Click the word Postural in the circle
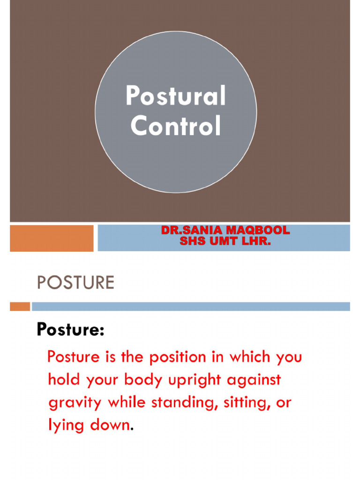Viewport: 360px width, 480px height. point(176,97)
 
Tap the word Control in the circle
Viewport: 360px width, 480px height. point(176,126)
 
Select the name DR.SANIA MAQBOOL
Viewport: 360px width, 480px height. point(225,231)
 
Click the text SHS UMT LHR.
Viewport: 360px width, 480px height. point(225,241)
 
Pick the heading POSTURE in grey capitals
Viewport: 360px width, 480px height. point(75,283)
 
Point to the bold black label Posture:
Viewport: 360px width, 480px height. point(70,330)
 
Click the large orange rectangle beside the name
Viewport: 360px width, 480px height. point(52,238)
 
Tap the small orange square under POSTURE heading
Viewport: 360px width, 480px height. point(20,307)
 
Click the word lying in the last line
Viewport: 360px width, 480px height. point(64,425)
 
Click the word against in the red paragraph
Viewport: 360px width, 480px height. point(254,380)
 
